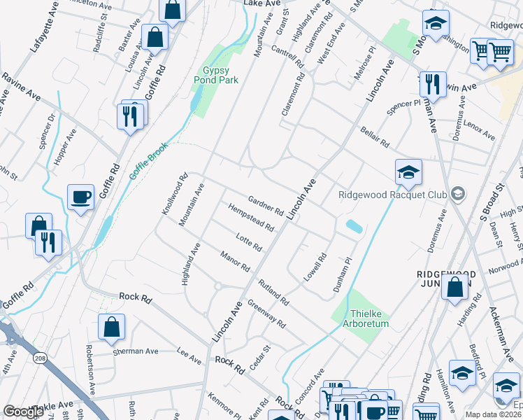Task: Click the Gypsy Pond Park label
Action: click(216, 76)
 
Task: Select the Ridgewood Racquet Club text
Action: click(392, 195)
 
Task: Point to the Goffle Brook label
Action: click(145, 160)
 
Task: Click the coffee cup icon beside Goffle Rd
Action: click(81, 197)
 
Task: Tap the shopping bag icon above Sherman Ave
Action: click(111, 328)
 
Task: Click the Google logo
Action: click(23, 412)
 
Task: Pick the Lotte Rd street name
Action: click(249, 242)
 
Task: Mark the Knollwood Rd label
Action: click(175, 195)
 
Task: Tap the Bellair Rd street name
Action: click(375, 137)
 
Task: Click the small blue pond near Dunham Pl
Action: click(354, 227)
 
